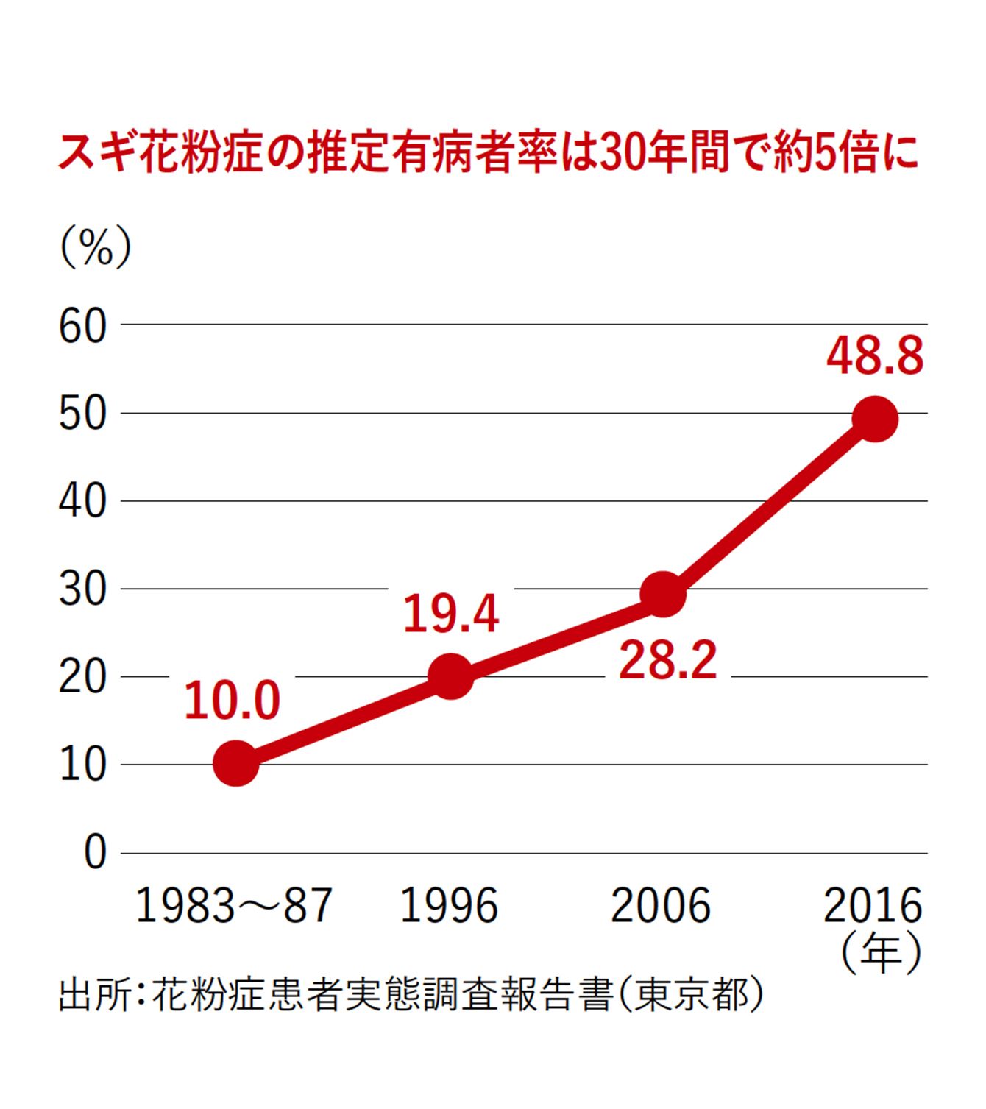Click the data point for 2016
coord(874,418)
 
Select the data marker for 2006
coord(663,593)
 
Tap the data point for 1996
coord(450,676)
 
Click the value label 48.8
coord(874,357)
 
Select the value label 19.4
coord(451,614)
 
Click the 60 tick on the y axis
coord(82,326)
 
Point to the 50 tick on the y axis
coord(82,414)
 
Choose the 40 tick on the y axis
coord(82,501)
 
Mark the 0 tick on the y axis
coord(95,853)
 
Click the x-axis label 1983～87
coord(234,905)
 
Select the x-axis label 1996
coord(449,905)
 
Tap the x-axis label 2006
coord(661,905)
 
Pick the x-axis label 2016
coord(873,905)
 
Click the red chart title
coord(489,154)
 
